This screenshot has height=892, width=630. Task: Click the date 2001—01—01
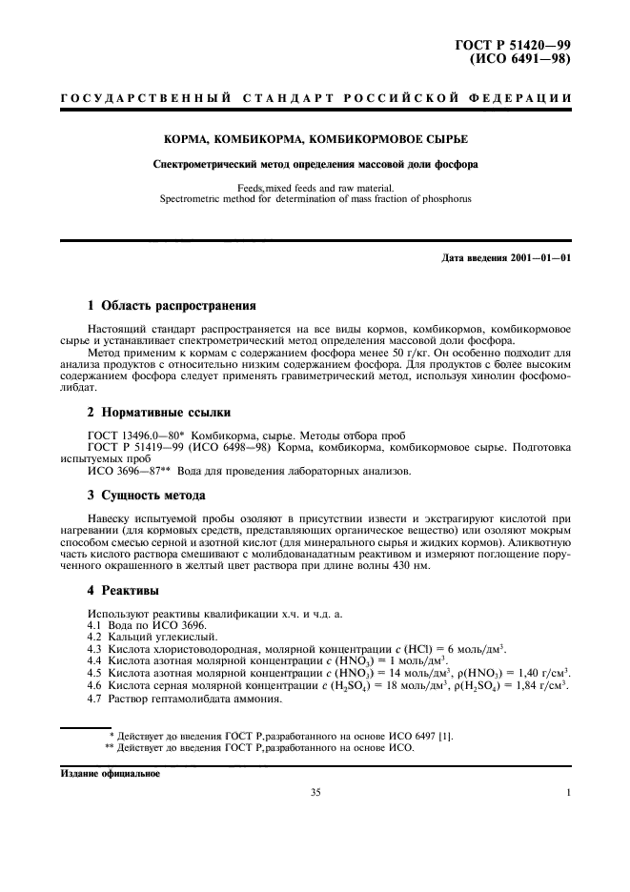pyautogui.click(x=539, y=257)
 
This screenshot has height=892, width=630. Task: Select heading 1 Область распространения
pyautogui.click(x=172, y=306)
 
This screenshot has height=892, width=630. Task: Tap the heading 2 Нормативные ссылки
pyautogui.click(x=158, y=413)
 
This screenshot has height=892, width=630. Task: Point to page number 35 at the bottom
pyautogui.click(x=315, y=792)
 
